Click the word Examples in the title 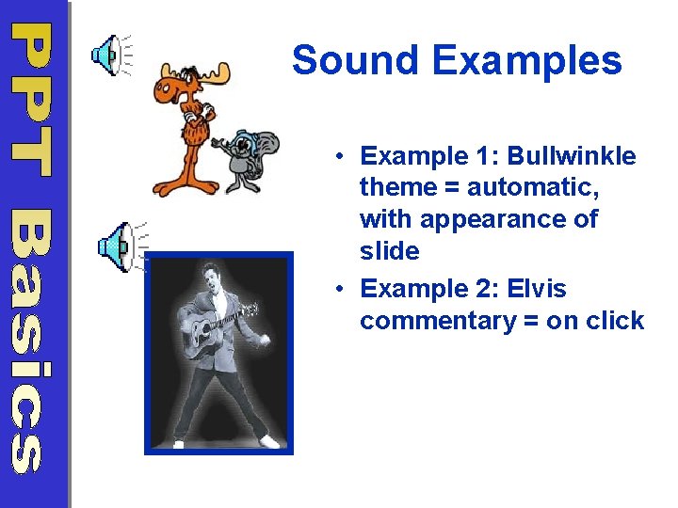click(x=527, y=61)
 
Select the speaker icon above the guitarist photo click(x=116, y=246)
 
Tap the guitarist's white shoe click(x=269, y=440)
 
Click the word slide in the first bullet click(x=389, y=251)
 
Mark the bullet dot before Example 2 click(x=335, y=289)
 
